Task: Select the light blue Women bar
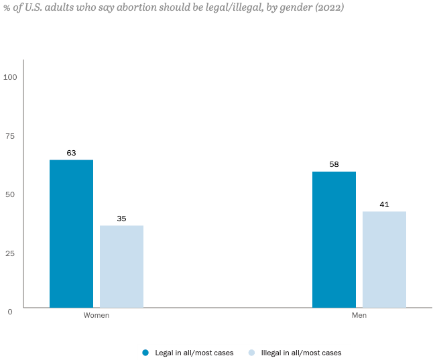point(121,266)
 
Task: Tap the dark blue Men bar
point(334,239)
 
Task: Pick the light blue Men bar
point(384,259)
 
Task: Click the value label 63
point(71,153)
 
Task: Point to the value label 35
point(121,219)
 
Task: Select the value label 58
point(334,164)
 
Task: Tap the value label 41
point(384,204)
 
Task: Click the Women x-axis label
point(96,315)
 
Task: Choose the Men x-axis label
point(359,315)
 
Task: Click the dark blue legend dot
point(145,353)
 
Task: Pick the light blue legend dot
point(251,353)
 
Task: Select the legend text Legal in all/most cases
point(194,353)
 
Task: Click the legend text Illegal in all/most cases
point(301,353)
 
